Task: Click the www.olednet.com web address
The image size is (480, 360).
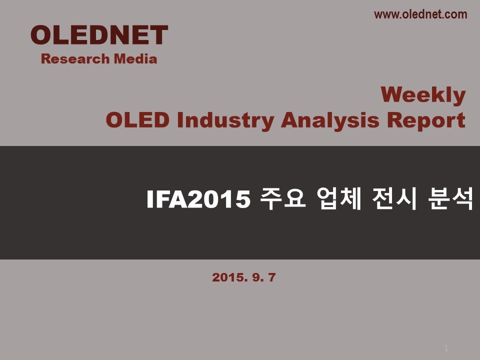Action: [420, 14]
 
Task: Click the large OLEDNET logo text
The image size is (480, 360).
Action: [99, 35]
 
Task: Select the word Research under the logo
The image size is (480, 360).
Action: [75, 59]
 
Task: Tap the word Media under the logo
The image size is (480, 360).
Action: [135, 59]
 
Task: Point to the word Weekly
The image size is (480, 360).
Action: [423, 95]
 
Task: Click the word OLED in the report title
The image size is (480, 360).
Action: [137, 119]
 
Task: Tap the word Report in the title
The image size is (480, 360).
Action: [426, 121]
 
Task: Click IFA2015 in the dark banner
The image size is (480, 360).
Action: [198, 199]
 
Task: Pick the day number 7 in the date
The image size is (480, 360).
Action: [272, 277]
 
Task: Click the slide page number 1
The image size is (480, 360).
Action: [446, 348]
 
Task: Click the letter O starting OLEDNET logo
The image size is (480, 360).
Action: [41, 35]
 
